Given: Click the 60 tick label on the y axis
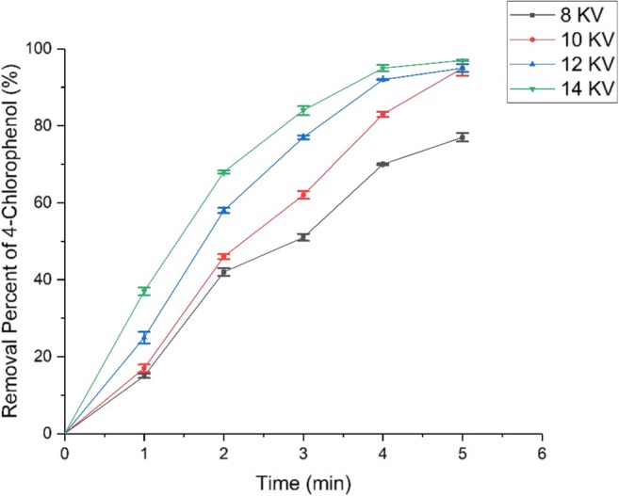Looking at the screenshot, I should pyautogui.click(x=44, y=202).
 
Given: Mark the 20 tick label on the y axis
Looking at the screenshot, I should pyautogui.click(x=44, y=357).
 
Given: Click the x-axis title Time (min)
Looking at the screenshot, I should pyautogui.click(x=303, y=482).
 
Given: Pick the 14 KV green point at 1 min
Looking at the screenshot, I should pyautogui.click(x=144, y=291).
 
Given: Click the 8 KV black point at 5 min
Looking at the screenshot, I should pyautogui.click(x=463, y=137).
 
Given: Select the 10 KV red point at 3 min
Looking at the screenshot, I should pyautogui.click(x=303, y=195).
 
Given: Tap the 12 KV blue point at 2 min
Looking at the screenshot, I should pyautogui.click(x=224, y=210).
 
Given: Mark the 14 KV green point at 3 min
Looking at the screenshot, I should pyautogui.click(x=303, y=110).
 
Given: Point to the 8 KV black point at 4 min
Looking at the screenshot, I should pyautogui.click(x=383, y=164).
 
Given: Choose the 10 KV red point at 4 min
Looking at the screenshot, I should pyautogui.click(x=383, y=114).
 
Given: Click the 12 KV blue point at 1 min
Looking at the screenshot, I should pyautogui.click(x=144, y=337).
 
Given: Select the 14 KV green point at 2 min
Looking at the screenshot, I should pyautogui.click(x=224, y=172).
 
